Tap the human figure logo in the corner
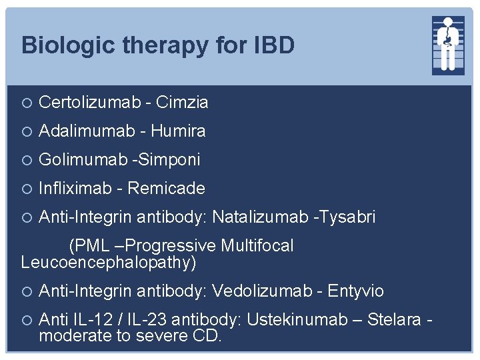[x=448, y=44]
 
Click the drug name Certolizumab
[x=90, y=102]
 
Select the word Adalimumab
[x=87, y=131]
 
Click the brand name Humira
[x=178, y=131]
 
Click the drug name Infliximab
[x=75, y=189]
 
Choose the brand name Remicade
[x=166, y=189]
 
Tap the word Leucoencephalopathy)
[x=109, y=262]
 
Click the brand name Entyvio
[x=357, y=291]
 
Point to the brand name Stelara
[x=394, y=320]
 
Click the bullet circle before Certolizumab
[x=26, y=103]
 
